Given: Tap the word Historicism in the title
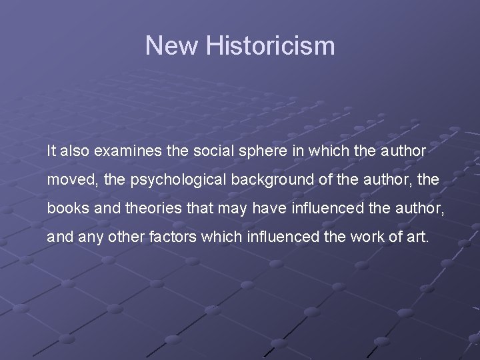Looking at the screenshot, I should click(270, 46).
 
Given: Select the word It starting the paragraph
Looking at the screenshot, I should click(51, 151).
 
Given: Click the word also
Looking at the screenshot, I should click(75, 151).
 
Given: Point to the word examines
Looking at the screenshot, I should click(127, 151).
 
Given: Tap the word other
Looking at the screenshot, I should click(119, 236).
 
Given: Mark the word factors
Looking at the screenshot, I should click(163, 236).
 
